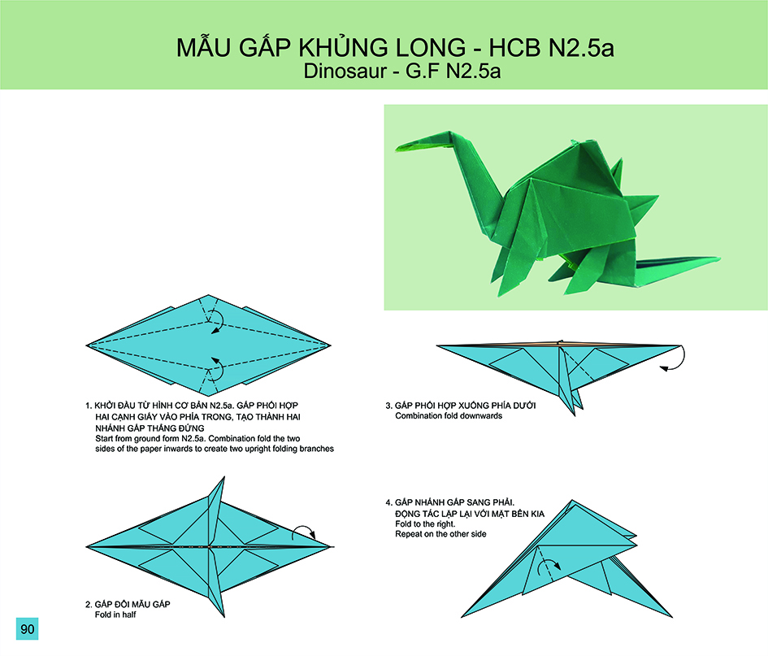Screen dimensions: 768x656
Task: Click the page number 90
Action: click(28, 628)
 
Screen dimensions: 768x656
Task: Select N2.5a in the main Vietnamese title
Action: click(581, 47)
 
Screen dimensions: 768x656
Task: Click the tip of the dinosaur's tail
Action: click(719, 258)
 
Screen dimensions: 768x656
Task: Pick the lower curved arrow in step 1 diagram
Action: click(219, 368)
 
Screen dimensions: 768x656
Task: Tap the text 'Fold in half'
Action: click(115, 615)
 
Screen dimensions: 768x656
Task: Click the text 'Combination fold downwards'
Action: click(449, 415)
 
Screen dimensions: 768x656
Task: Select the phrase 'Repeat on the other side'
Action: click(440, 534)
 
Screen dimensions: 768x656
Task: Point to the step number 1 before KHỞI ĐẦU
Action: click(88, 406)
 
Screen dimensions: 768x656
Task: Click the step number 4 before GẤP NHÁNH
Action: click(389, 502)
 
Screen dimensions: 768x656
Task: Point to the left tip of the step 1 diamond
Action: click(87, 345)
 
